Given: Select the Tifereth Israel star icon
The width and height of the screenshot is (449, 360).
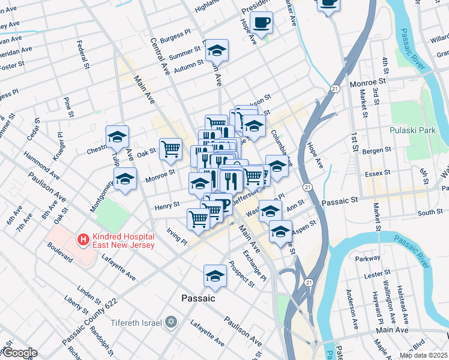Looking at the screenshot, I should tap(171, 322).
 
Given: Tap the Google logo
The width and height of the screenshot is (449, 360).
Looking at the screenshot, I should tap(19, 353).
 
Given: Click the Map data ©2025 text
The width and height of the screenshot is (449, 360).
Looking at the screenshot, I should tap(423, 355).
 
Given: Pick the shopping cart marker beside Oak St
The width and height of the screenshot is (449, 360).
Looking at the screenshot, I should tap(171, 149).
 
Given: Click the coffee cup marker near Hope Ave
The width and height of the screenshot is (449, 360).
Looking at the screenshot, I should tap(261, 23).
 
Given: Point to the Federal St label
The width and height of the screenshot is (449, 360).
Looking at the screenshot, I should tap(79, 53).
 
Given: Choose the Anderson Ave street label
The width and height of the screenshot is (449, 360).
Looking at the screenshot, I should tap(350, 306).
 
